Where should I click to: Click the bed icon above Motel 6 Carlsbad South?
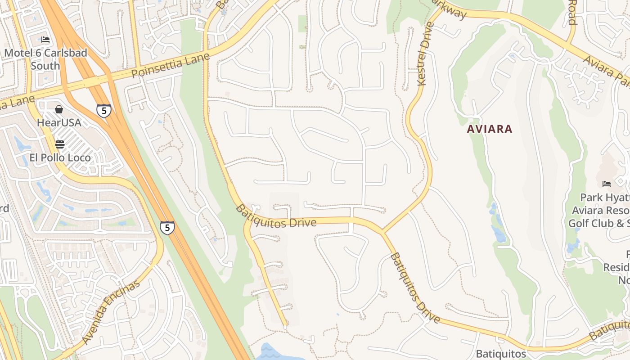(45, 40)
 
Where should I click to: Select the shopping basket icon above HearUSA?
(59, 109)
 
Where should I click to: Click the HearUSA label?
(59, 122)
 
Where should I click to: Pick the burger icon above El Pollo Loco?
(59, 144)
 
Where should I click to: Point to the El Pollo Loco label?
(60, 157)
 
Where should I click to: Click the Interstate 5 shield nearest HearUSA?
(103, 110)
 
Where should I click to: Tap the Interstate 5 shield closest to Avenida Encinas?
(167, 227)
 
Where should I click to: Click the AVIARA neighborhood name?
(489, 129)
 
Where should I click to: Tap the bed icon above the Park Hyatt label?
(607, 184)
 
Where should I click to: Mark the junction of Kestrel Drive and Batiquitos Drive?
(382, 232)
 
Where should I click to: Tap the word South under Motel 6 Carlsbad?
(45, 66)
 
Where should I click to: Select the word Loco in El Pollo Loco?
(79, 157)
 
